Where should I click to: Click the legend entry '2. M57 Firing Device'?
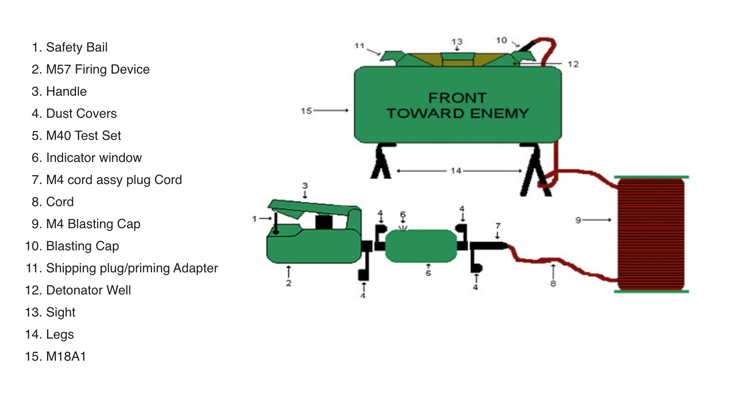(x=91, y=69)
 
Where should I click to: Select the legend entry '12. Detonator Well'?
(x=78, y=290)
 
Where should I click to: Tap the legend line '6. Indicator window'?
(x=87, y=158)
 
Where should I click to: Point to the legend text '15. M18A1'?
(x=56, y=356)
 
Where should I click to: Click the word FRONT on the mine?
(x=457, y=98)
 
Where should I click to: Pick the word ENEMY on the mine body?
(x=499, y=114)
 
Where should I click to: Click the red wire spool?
(x=651, y=234)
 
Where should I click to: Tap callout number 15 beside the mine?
(x=306, y=111)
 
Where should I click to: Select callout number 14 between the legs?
(x=456, y=171)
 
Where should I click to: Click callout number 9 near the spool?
(x=578, y=220)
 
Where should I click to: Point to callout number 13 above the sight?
(x=457, y=42)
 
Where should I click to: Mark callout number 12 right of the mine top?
(x=573, y=64)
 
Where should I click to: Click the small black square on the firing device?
(x=324, y=222)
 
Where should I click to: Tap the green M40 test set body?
(x=421, y=246)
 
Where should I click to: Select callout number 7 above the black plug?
(x=498, y=226)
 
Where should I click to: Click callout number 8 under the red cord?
(x=553, y=283)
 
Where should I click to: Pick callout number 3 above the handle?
(x=305, y=186)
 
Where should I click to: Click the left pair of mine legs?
(x=382, y=161)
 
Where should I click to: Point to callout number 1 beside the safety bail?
(x=254, y=219)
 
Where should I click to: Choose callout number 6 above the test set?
(x=403, y=215)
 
